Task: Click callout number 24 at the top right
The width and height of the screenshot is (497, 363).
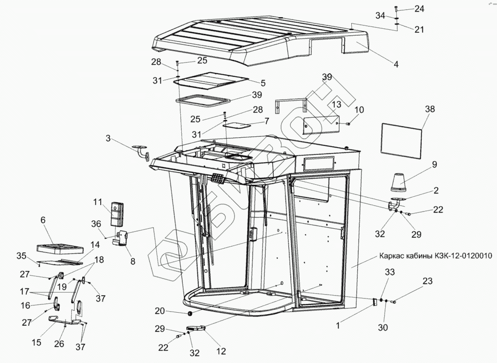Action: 420,8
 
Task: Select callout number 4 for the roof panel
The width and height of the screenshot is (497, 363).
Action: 396,64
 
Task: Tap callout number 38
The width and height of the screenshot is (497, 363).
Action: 430,109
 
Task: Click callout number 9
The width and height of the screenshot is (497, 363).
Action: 434,165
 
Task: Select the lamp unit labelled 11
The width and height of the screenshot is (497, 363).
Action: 117,214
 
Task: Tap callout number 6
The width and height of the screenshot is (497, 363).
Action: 43,221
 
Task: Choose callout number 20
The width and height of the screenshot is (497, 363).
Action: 160,311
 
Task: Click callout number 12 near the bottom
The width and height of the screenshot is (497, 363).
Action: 221,350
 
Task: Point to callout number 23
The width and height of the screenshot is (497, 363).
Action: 428,281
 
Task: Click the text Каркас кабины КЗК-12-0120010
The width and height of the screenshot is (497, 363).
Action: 435,255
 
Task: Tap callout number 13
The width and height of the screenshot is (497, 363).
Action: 336,105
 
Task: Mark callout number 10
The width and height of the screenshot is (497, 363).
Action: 359,109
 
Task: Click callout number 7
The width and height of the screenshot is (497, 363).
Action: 266,120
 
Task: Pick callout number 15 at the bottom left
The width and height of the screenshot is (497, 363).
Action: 37,342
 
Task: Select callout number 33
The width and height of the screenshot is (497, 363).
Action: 389,272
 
